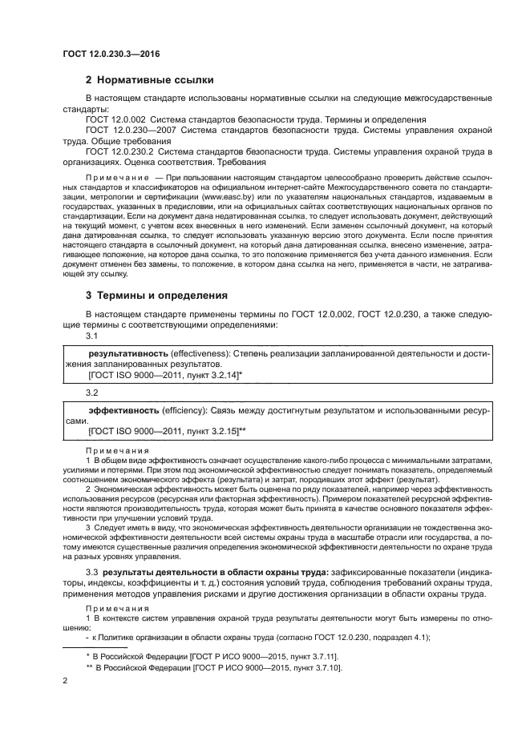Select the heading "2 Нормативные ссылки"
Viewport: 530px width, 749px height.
150,79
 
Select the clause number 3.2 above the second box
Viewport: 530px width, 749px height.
91,393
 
